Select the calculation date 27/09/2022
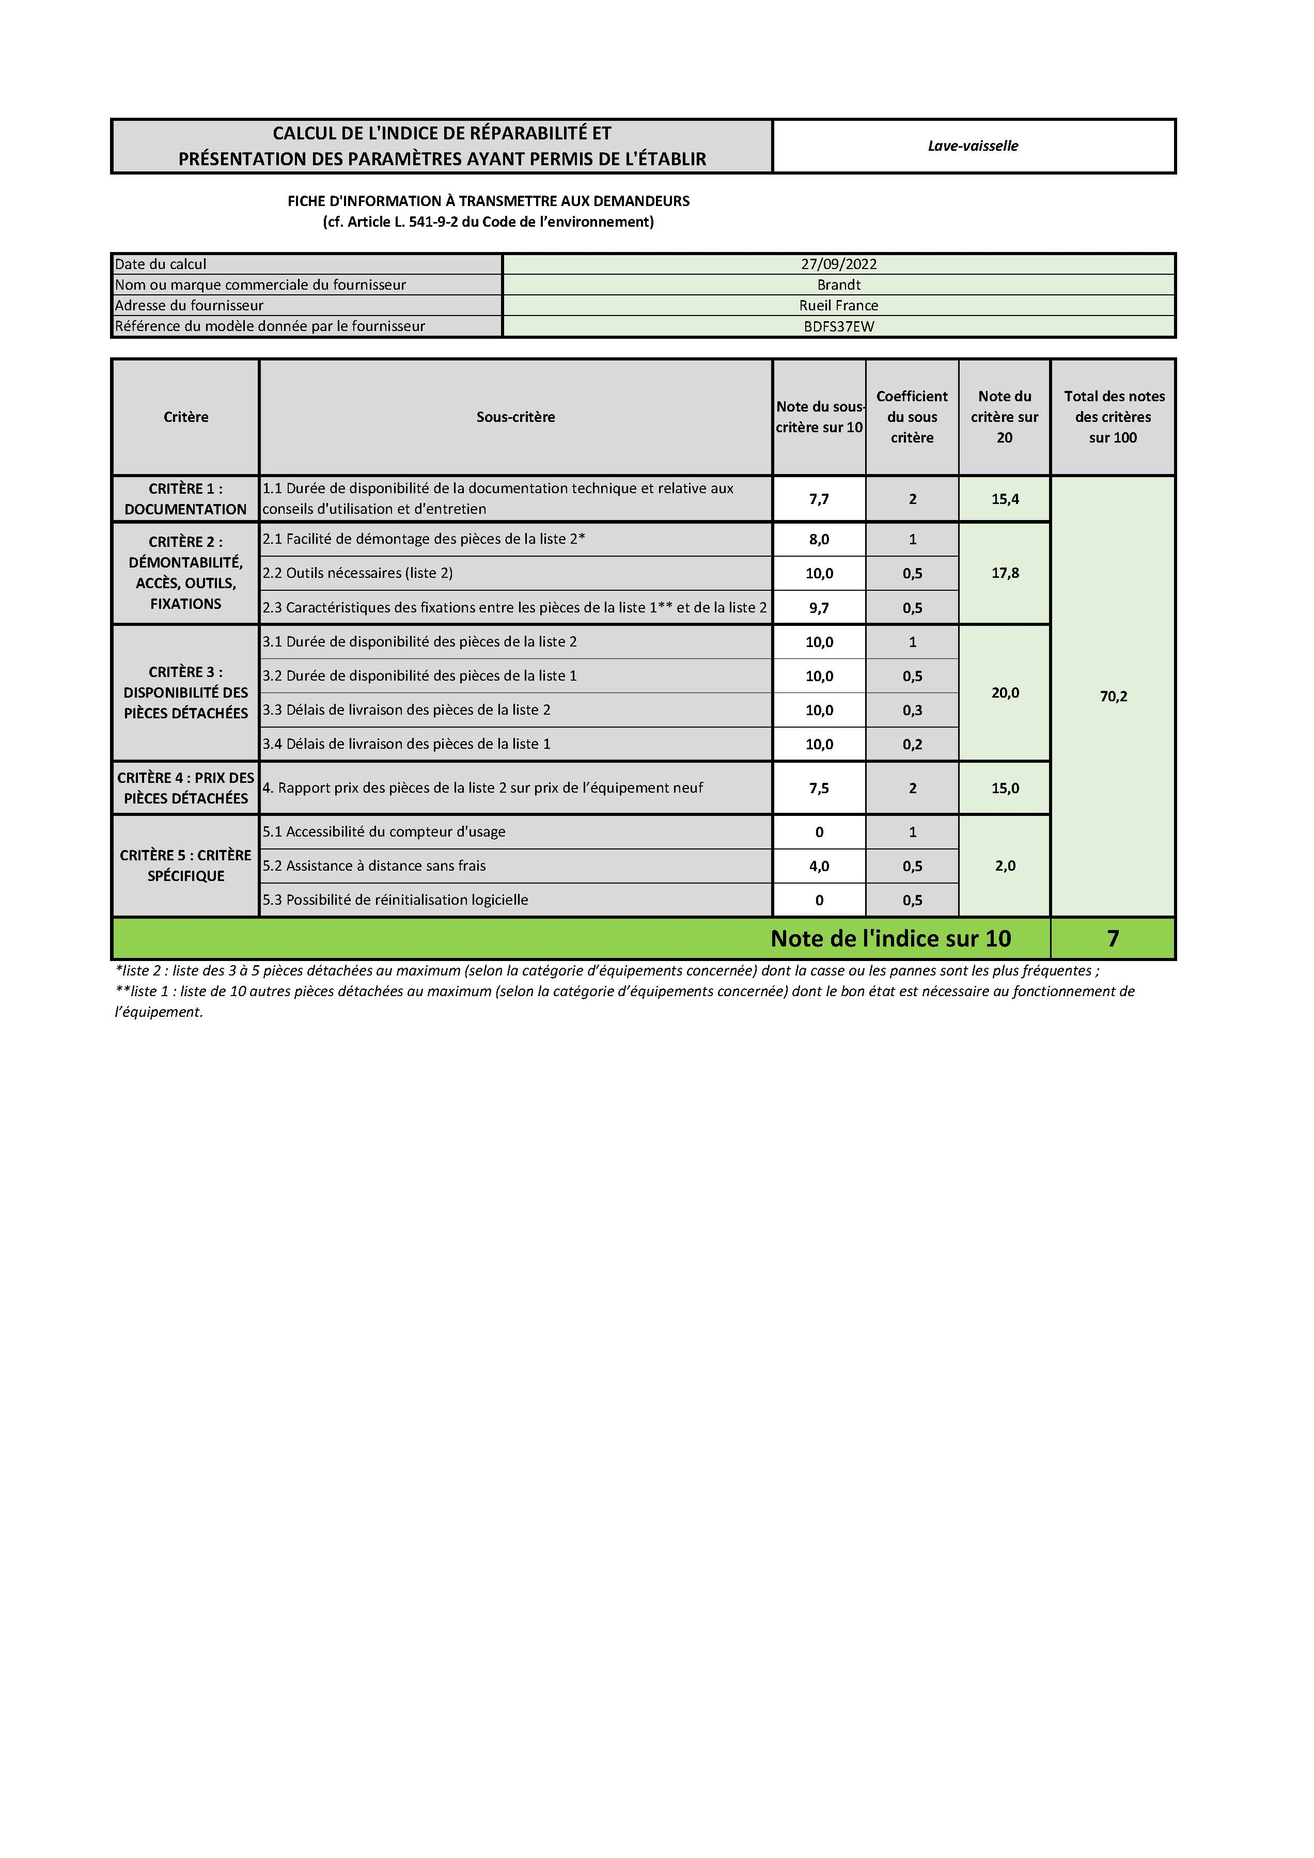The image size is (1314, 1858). click(x=839, y=264)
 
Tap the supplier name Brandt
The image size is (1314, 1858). click(x=839, y=285)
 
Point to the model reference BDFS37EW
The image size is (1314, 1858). click(x=839, y=327)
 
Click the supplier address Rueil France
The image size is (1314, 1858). click(x=839, y=306)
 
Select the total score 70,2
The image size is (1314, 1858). click(x=1113, y=697)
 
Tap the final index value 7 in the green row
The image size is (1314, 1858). click(x=1113, y=939)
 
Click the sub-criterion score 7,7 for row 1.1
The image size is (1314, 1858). click(x=819, y=499)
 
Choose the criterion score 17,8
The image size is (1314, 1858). click(x=1005, y=573)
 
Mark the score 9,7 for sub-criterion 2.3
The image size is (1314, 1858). click(x=819, y=608)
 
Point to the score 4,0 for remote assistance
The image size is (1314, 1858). click(x=819, y=867)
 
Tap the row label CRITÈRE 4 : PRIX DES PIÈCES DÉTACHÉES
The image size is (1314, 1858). click(x=185, y=788)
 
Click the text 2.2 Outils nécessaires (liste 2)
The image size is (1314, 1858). click(x=358, y=573)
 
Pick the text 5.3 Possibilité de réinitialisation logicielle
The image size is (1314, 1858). click(x=395, y=900)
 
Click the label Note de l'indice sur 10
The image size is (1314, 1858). click(x=890, y=939)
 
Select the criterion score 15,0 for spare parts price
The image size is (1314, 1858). click(x=1005, y=788)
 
